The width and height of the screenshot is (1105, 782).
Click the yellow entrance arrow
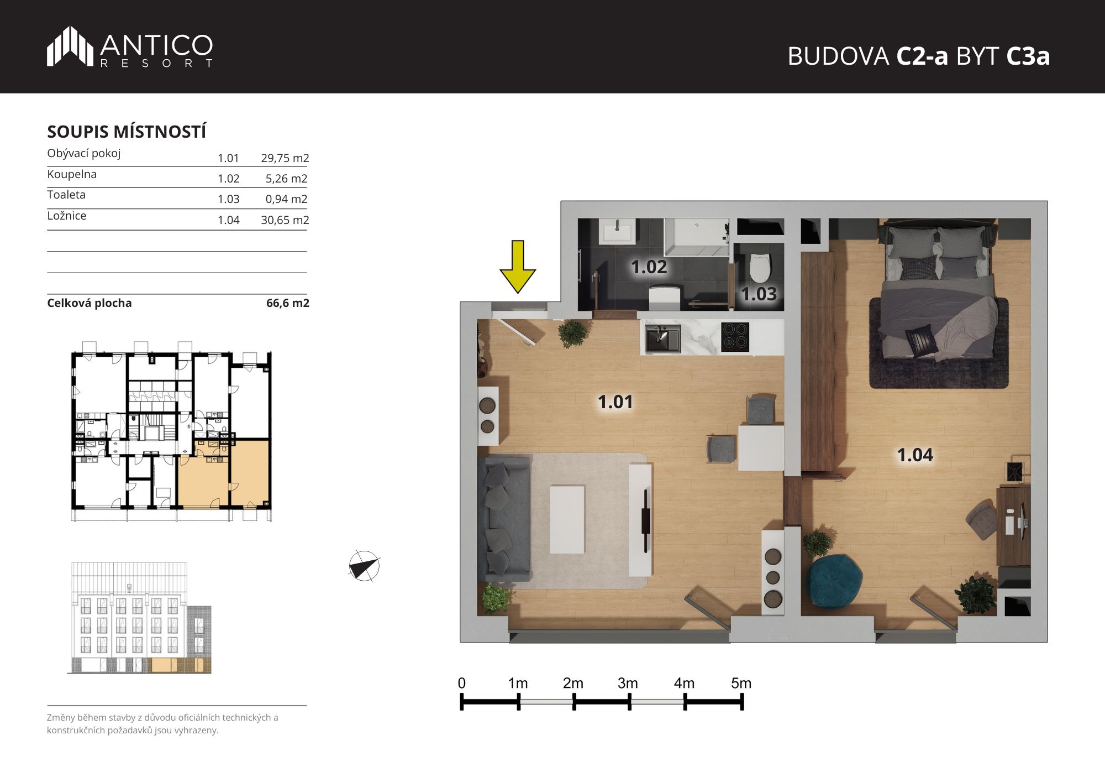tap(518, 267)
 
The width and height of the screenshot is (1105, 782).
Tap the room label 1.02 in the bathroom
tap(649, 267)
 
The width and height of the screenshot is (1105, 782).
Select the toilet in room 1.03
tap(760, 267)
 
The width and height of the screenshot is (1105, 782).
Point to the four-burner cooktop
tap(735, 337)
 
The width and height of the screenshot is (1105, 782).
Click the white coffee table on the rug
tap(567, 519)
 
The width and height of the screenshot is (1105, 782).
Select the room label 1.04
tap(915, 455)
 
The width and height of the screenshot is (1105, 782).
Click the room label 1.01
tap(615, 402)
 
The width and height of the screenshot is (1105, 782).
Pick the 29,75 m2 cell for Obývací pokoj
tap(285, 158)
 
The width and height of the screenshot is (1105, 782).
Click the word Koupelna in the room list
tap(72, 174)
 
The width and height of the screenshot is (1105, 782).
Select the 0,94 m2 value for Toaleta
tap(286, 199)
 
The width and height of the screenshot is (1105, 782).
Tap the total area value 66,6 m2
tap(288, 303)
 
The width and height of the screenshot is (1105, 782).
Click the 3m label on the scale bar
tap(628, 684)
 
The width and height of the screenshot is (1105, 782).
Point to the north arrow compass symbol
tap(364, 566)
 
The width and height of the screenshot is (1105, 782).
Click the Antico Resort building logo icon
tap(70, 46)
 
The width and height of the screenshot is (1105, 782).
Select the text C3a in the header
tap(1028, 56)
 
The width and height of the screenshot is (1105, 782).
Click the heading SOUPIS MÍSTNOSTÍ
tap(127, 132)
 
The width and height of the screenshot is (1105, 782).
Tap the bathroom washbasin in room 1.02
tap(617, 231)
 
